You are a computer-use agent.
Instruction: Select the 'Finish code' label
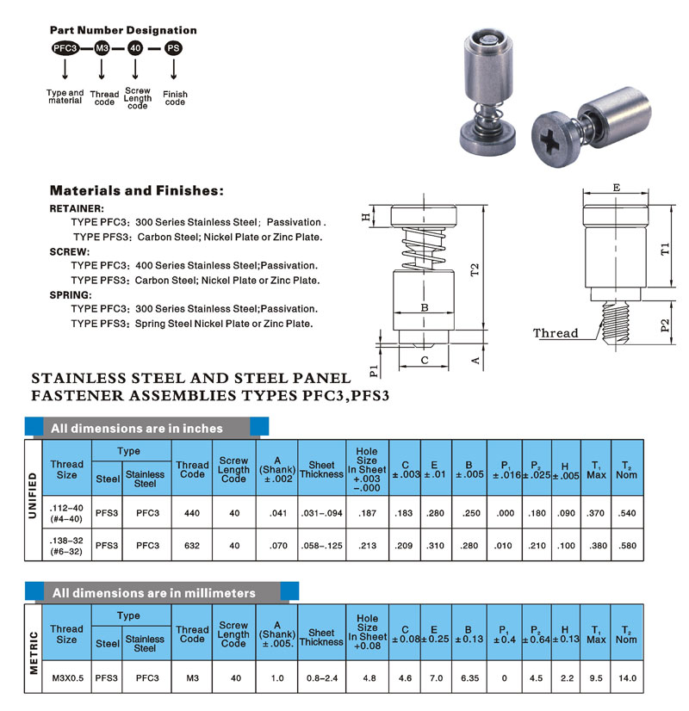click(x=174, y=97)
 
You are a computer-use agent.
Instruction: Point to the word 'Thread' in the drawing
click(x=556, y=333)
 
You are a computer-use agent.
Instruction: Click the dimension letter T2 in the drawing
click(x=473, y=269)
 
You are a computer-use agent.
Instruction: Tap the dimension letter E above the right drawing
click(x=616, y=187)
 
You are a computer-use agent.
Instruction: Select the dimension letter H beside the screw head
click(x=365, y=217)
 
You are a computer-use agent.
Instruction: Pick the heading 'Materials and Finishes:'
click(x=136, y=190)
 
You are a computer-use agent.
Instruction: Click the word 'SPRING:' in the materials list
click(x=71, y=295)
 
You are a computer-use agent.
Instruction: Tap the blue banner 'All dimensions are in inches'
click(x=137, y=428)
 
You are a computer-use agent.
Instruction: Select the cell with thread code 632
click(x=192, y=544)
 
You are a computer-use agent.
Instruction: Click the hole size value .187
click(x=367, y=512)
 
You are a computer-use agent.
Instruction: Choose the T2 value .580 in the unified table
click(x=626, y=544)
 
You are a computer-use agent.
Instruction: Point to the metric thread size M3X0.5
click(x=66, y=678)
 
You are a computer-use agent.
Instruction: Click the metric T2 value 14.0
click(x=626, y=678)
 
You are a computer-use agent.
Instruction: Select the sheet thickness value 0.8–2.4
click(x=321, y=678)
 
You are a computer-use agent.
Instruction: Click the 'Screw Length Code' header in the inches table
click(x=233, y=468)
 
